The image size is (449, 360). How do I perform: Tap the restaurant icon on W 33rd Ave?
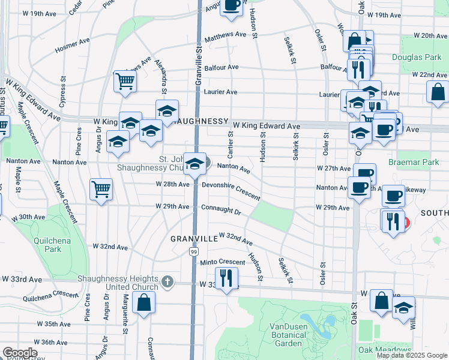[226, 278]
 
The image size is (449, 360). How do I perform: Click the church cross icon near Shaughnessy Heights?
[168, 281]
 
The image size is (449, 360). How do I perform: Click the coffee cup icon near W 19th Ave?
[231, 5]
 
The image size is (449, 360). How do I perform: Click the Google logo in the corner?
[19, 353]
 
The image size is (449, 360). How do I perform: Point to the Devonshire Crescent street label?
[231, 191]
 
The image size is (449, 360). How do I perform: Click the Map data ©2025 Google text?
[412, 355]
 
